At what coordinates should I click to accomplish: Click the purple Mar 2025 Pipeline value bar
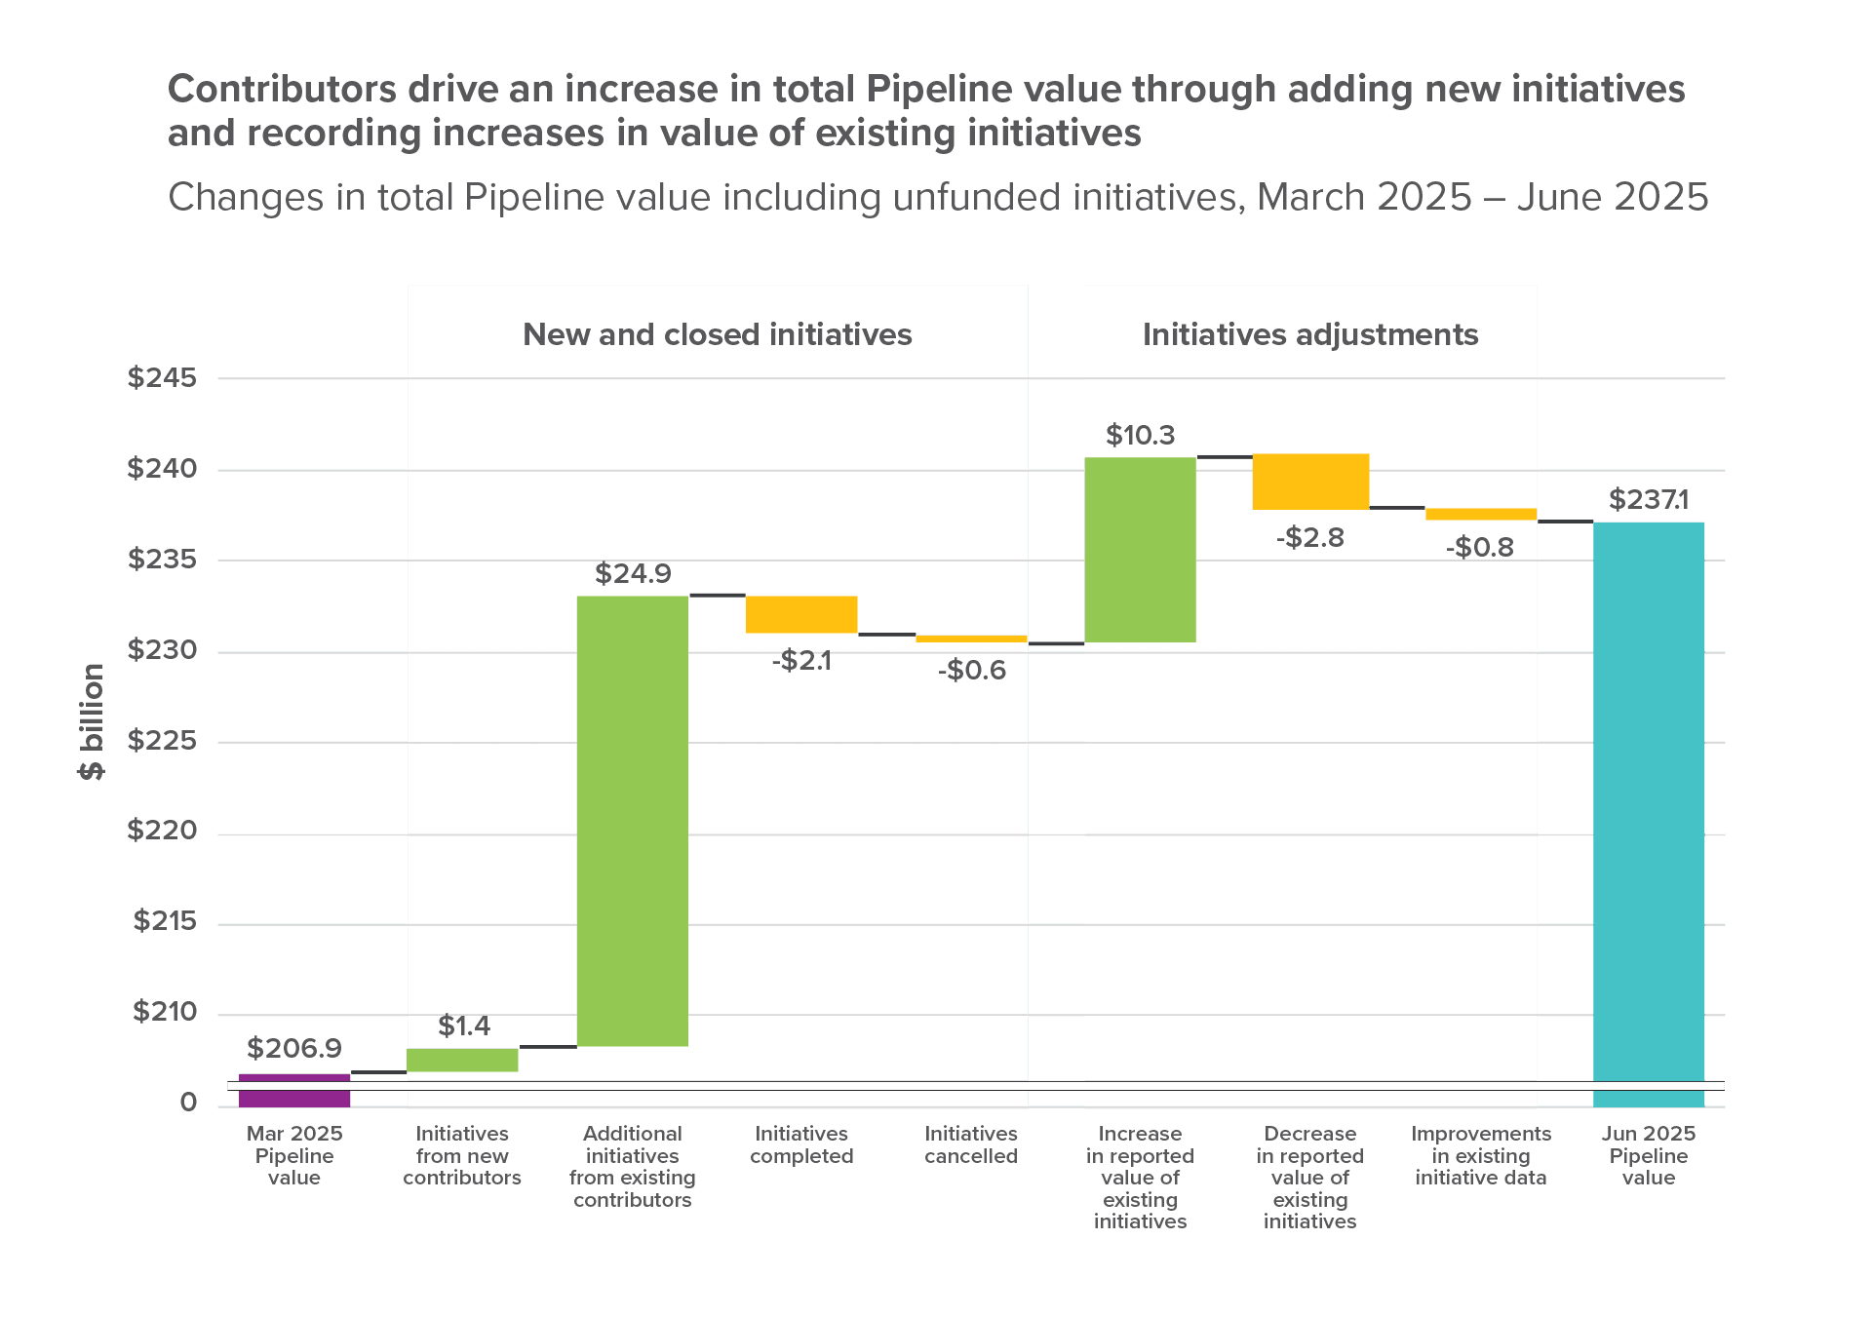click(x=294, y=1090)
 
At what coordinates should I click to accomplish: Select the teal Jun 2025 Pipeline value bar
click(x=1649, y=809)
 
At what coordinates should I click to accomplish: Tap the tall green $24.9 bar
click(x=633, y=821)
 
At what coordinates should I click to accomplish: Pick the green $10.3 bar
click(x=1141, y=550)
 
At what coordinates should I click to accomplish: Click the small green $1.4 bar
click(x=462, y=1060)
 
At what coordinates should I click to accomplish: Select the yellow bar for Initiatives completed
click(x=801, y=614)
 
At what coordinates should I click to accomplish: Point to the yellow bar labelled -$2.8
click(x=1310, y=482)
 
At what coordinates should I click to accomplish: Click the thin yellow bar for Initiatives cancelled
click(x=971, y=639)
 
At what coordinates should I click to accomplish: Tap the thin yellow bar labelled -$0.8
click(x=1480, y=514)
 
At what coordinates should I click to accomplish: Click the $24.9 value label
click(x=633, y=573)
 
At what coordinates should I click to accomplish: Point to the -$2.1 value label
click(x=801, y=661)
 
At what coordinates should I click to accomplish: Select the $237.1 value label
click(x=1649, y=500)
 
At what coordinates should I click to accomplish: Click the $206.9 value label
click(x=293, y=1048)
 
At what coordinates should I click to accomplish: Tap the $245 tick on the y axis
click(x=162, y=377)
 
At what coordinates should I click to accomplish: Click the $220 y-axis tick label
click(x=162, y=831)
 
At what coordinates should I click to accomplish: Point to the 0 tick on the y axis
click(x=188, y=1103)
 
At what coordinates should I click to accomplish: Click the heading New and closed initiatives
click(x=717, y=334)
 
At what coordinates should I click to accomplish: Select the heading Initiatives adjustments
click(x=1310, y=334)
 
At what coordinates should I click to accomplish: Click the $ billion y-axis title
click(x=92, y=721)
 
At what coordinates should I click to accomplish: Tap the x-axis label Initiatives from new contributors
click(x=462, y=1156)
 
